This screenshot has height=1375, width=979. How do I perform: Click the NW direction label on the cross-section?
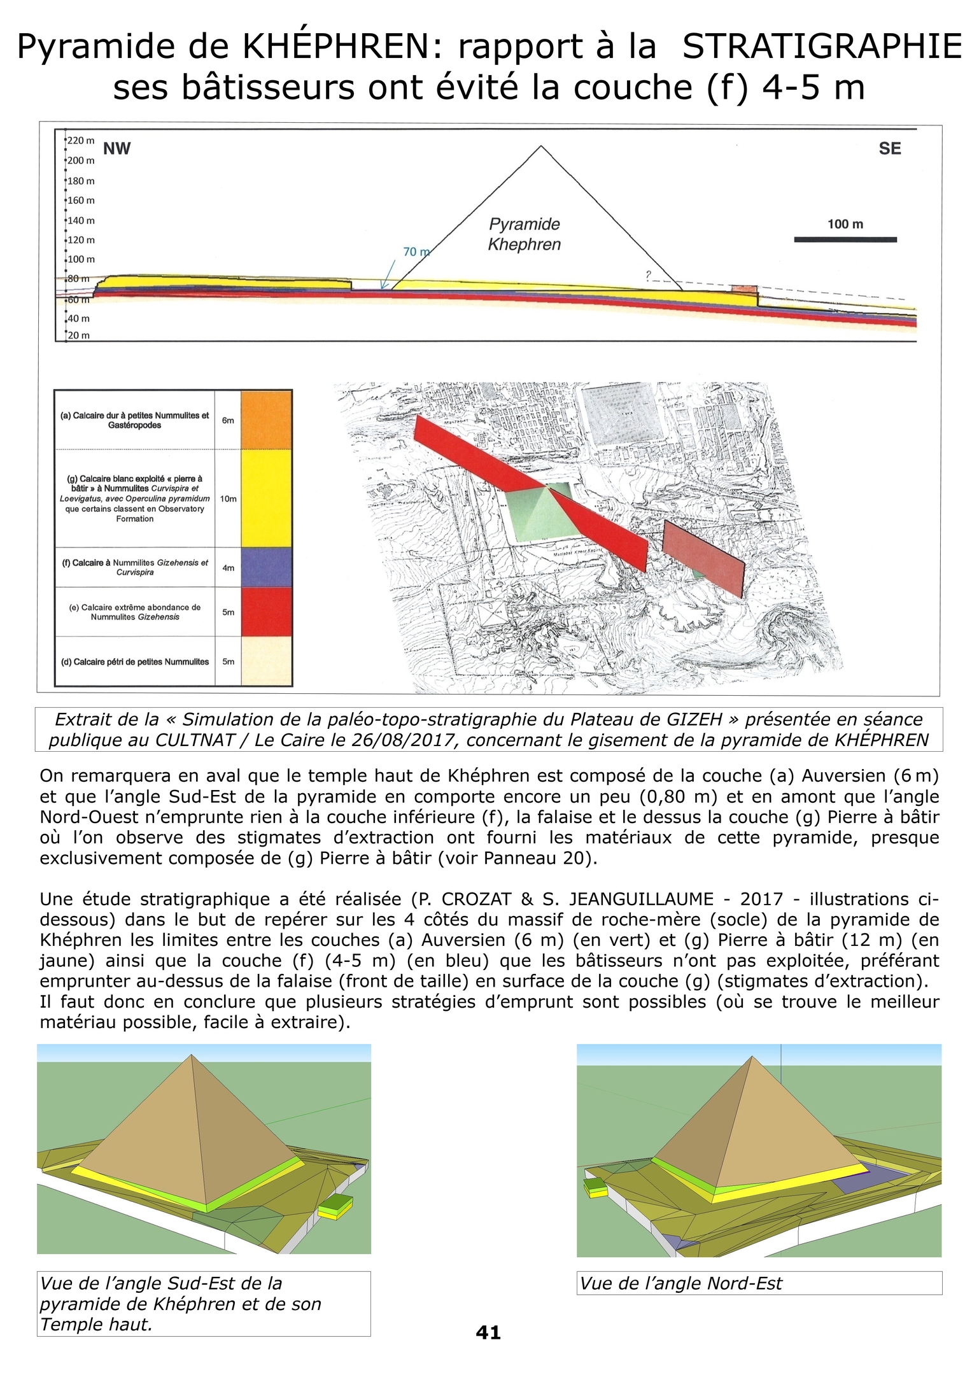[116, 149]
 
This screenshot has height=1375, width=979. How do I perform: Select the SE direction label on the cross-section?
[889, 149]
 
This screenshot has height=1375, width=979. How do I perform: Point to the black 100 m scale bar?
[845, 240]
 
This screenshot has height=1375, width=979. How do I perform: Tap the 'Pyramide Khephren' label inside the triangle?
[524, 234]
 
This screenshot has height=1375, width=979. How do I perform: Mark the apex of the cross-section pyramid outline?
[541, 146]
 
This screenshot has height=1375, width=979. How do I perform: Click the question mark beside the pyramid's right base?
[649, 275]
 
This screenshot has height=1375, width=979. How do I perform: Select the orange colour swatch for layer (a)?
[266, 420]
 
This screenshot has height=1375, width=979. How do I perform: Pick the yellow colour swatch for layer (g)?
[266, 498]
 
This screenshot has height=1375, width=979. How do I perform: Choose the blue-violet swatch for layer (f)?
[266, 567]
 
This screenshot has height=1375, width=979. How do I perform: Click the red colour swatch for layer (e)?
[266, 612]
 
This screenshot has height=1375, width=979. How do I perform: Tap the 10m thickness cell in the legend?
[228, 498]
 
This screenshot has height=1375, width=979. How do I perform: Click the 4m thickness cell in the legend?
[228, 567]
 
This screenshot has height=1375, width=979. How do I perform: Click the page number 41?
[488, 1332]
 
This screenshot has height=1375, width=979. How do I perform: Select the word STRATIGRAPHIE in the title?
[822, 47]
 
